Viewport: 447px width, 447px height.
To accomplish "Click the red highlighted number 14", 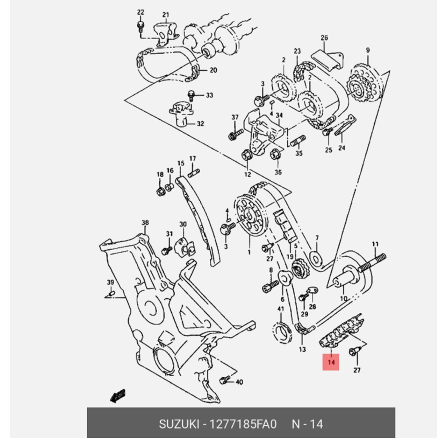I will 331,362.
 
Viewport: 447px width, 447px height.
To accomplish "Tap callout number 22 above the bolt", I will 141,12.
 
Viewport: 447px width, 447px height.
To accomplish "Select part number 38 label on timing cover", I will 145,223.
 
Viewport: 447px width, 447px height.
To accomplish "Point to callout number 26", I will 324,38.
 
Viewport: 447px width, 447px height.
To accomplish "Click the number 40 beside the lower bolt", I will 239,382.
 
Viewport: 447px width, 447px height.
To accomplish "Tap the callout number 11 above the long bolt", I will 375,244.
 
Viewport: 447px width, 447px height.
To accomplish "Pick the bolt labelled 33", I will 191,95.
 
